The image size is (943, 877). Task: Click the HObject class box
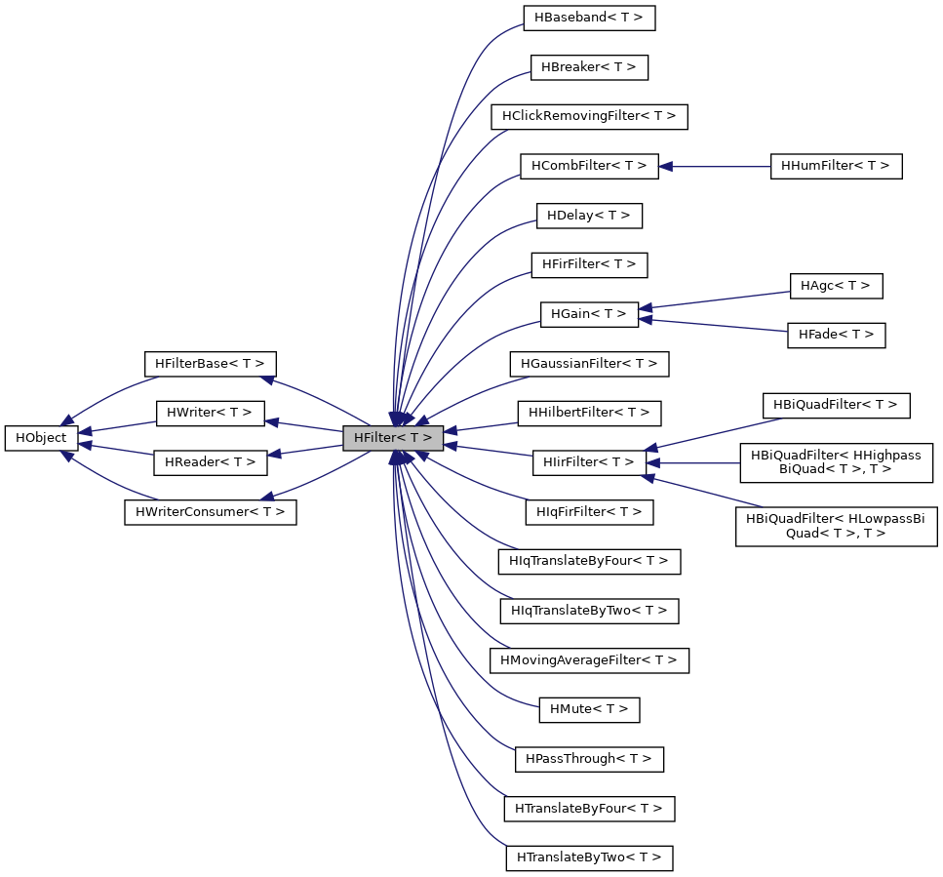click(42, 438)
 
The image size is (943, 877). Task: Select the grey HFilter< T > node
click(393, 438)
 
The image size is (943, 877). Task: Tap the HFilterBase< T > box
click(210, 364)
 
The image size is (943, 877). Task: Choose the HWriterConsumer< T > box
click(210, 512)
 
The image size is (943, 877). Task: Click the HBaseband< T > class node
click(589, 18)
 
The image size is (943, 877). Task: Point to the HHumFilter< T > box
click(836, 166)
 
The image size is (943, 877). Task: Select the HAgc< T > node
click(836, 286)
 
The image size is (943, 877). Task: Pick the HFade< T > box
click(836, 335)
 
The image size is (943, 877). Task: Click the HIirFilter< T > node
click(589, 462)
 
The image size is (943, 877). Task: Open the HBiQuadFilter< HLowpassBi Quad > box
click(836, 526)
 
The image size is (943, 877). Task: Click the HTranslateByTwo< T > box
click(589, 858)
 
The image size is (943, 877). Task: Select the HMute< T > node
click(589, 709)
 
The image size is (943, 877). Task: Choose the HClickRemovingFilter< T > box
click(589, 116)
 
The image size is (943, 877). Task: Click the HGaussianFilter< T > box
click(589, 364)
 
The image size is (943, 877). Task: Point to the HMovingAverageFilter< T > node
click(589, 660)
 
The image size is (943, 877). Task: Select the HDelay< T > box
click(589, 216)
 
